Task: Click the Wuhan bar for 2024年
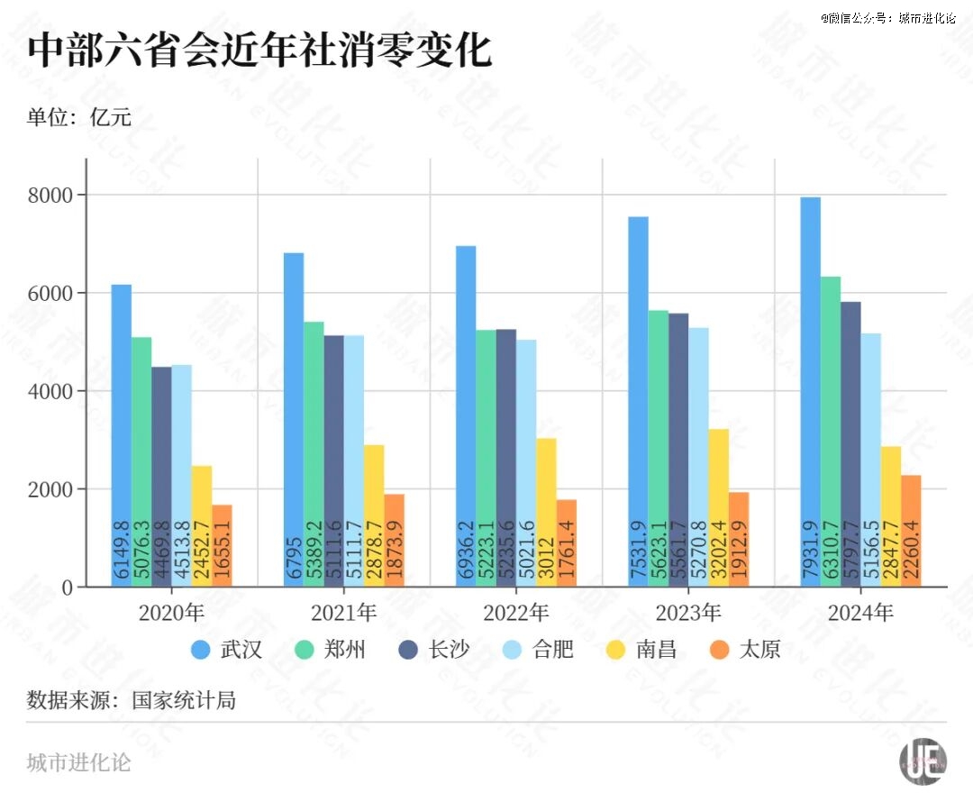(810, 392)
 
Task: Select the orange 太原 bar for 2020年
(223, 546)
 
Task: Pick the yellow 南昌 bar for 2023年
(718, 508)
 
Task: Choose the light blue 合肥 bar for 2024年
(870, 460)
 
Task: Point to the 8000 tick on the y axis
(55, 195)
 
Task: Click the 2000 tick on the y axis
(55, 489)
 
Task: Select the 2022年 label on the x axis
(515, 614)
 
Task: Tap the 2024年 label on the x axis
(860, 614)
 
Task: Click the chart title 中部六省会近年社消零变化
(259, 50)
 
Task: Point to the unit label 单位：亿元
(79, 117)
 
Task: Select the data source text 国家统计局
(184, 700)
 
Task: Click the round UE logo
(923, 762)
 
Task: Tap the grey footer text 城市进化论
(79, 762)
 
